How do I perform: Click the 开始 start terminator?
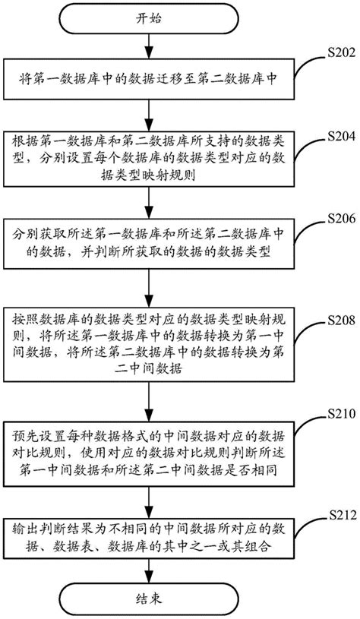149,18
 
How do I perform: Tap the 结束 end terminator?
149,598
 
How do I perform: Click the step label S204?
342,137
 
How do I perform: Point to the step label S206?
342,218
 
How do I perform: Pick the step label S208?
342,321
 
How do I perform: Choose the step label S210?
342,414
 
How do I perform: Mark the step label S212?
342,515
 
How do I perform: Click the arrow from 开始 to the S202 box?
149,46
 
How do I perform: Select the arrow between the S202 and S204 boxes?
149,115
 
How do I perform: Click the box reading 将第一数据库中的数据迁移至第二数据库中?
149,79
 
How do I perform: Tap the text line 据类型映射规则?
149,176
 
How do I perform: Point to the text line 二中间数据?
149,369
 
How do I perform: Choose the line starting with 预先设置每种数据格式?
149,437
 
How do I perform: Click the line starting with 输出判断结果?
149,529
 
